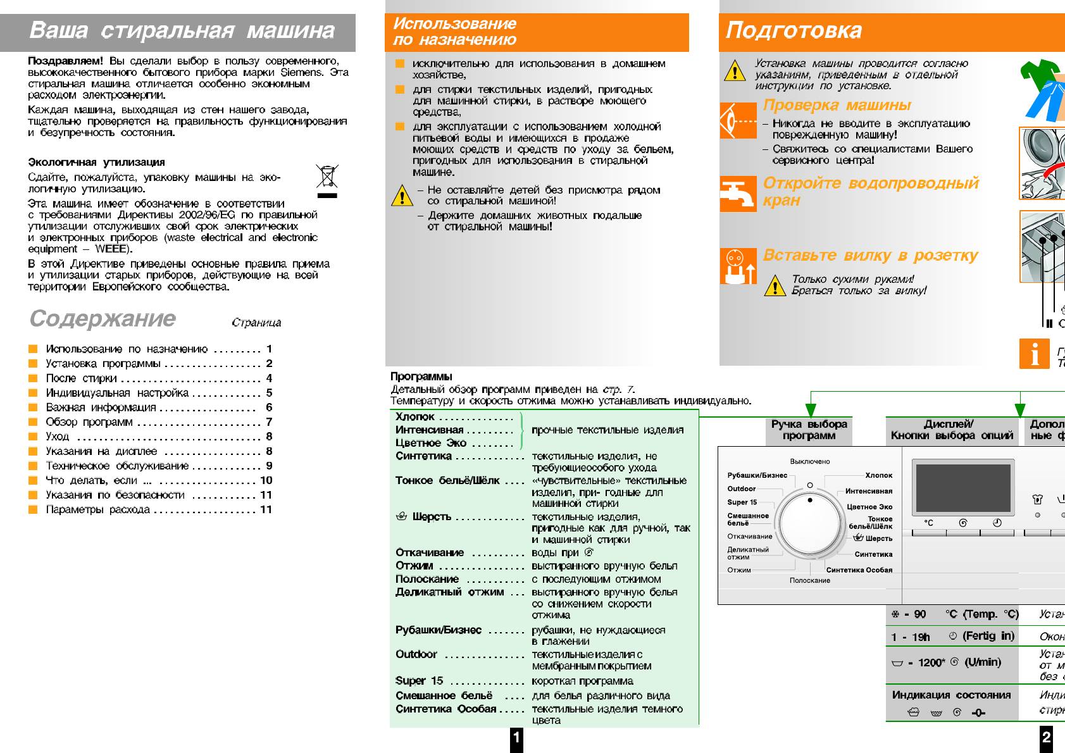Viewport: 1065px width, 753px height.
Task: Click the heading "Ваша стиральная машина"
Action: pyautogui.click(x=182, y=30)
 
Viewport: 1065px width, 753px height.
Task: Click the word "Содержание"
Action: pyautogui.click(x=103, y=318)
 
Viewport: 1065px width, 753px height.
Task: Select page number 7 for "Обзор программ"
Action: pyautogui.click(x=269, y=422)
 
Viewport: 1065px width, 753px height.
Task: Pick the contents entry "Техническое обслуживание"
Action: pyautogui.click(x=117, y=466)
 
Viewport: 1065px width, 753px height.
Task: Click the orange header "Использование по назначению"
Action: pyautogui.click(x=454, y=32)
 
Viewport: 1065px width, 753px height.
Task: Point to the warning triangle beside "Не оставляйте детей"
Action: pyautogui.click(x=402, y=196)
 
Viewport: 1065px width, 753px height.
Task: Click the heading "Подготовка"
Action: pyautogui.click(x=794, y=30)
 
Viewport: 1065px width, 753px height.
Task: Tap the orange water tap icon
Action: pyautogui.click(x=738, y=194)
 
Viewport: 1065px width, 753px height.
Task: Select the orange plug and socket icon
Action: pyautogui.click(x=738, y=266)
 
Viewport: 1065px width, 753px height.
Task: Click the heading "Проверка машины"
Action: pyautogui.click(x=837, y=105)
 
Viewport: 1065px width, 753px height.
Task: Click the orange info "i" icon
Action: pyautogui.click(x=1034, y=354)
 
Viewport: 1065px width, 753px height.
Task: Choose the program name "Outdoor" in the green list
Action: pyautogui.click(x=416, y=654)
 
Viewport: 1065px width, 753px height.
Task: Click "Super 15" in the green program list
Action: pyautogui.click(x=419, y=681)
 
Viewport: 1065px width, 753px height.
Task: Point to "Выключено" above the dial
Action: pyautogui.click(x=810, y=462)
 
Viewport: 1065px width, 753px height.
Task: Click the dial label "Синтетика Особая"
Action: pyautogui.click(x=859, y=570)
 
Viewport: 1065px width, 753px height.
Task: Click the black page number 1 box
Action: pyautogui.click(x=516, y=738)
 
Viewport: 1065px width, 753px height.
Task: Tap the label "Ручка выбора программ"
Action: pyautogui.click(x=809, y=430)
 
